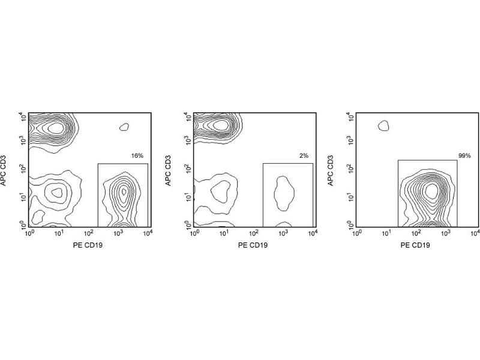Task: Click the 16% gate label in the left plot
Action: (137, 156)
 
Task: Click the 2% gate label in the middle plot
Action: (304, 156)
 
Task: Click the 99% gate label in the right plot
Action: (464, 156)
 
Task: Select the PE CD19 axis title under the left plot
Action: (88, 245)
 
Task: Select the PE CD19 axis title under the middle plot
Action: (253, 245)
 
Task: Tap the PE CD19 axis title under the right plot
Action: (415, 245)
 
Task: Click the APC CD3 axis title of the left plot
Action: (4, 170)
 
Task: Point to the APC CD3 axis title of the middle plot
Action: (169, 170)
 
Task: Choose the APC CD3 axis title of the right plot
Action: (331, 170)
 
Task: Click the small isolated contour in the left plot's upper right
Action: (124, 127)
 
